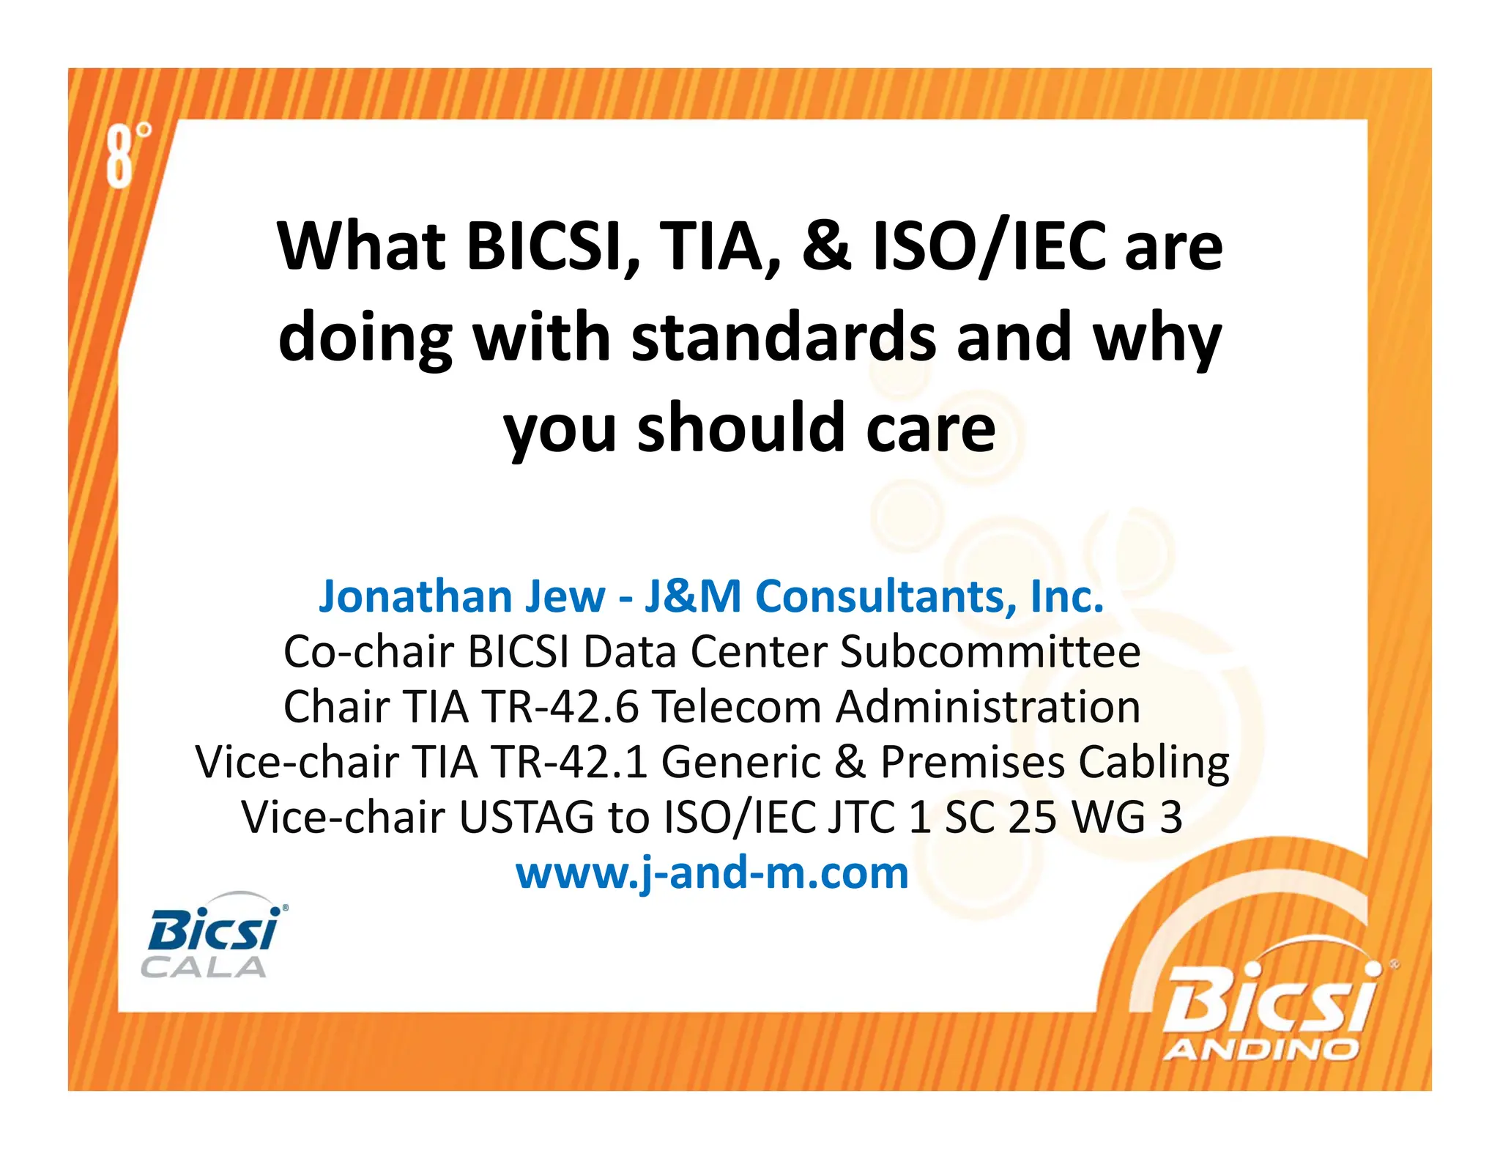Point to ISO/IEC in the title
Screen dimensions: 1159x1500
990,246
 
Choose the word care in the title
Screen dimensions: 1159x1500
930,429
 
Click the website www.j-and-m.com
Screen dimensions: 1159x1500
712,873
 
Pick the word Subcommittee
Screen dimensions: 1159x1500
990,651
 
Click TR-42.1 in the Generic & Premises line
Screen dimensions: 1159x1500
569,762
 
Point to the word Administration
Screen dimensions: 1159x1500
988,707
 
